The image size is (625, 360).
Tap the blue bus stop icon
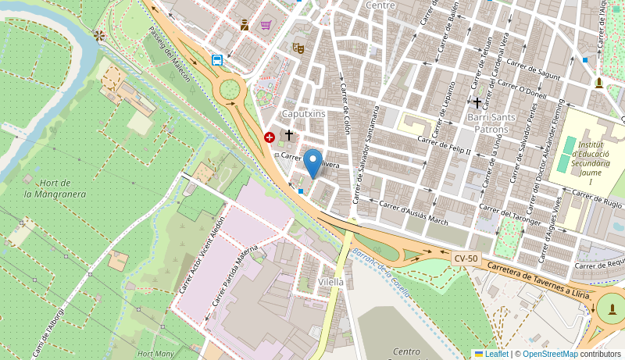point(217,60)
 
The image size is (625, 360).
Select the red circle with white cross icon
point(270,137)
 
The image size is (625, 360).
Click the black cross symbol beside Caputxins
point(288,135)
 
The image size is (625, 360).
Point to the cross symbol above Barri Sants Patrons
point(477,103)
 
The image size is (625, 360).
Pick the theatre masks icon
point(298,48)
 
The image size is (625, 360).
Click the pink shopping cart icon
point(266,25)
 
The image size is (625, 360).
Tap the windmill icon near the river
point(99,35)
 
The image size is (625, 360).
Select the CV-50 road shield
point(466,258)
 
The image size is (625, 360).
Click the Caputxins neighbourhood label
point(303,114)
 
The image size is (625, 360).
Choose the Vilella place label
point(331,282)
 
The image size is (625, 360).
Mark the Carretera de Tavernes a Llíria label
point(538,280)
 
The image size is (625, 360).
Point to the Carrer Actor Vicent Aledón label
point(202,255)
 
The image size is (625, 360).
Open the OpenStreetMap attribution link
point(550,354)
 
